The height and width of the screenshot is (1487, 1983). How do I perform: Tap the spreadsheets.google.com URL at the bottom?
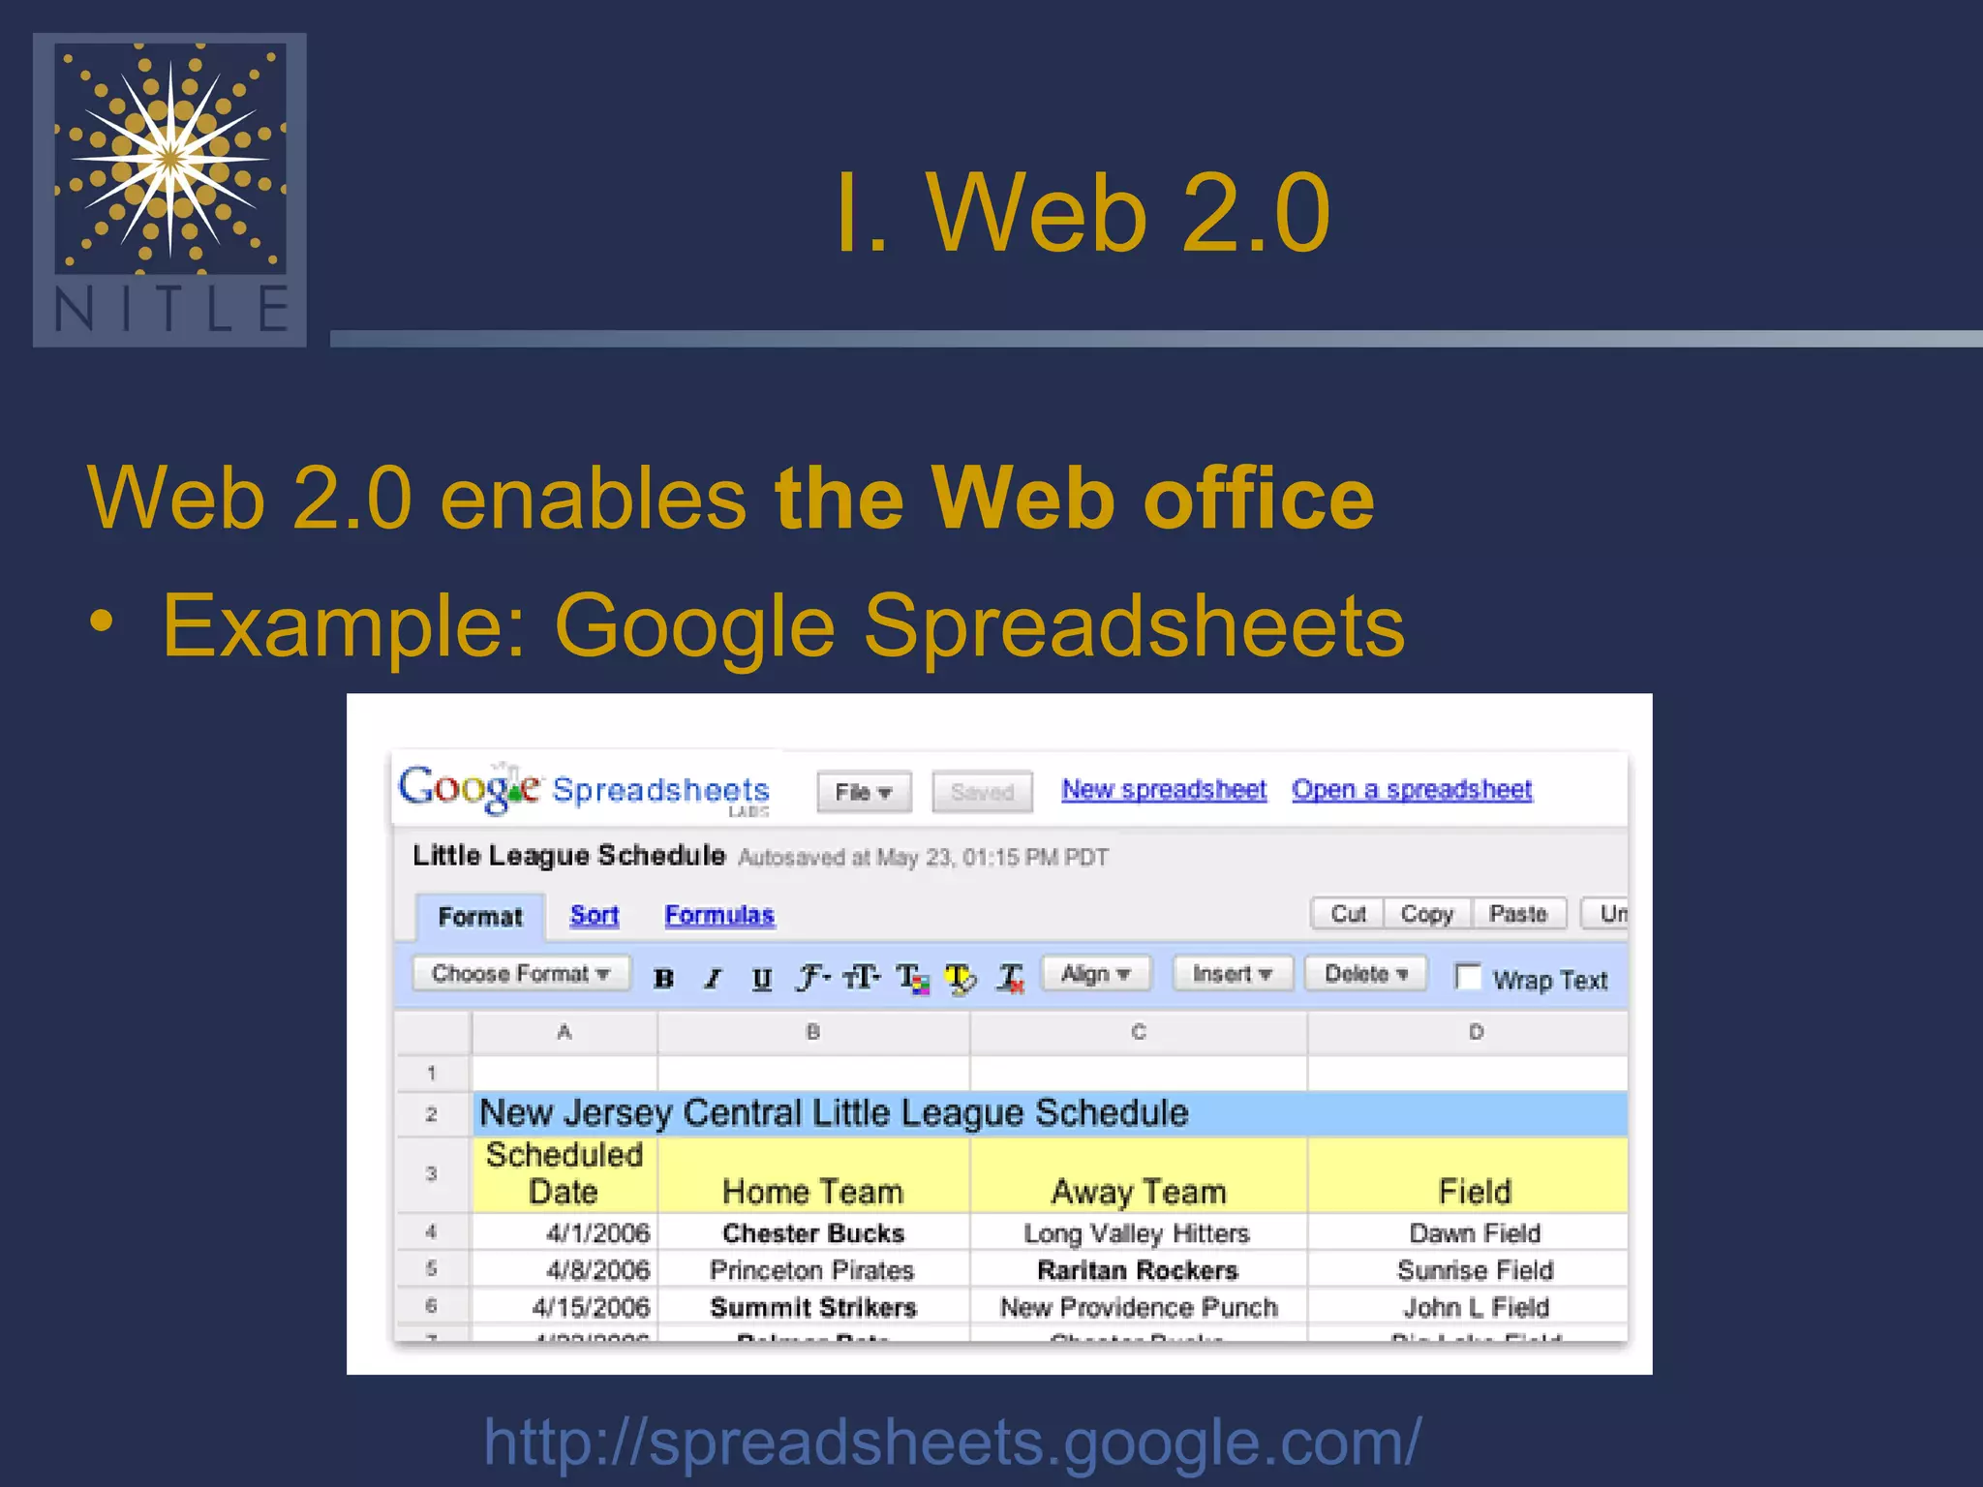[x=952, y=1441]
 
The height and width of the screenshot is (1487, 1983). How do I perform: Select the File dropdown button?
[x=863, y=792]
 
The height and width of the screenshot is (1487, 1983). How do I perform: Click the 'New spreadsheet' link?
[x=1163, y=790]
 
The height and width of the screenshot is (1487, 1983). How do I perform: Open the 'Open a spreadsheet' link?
[x=1411, y=790]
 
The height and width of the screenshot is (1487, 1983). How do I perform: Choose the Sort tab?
[x=594, y=915]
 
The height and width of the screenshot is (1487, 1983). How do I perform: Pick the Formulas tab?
[x=718, y=915]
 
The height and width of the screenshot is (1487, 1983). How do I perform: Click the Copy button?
[x=1426, y=914]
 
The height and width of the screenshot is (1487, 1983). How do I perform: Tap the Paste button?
[x=1517, y=914]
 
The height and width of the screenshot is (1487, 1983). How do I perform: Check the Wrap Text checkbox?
[x=1468, y=977]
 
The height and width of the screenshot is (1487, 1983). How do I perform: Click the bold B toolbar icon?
[x=663, y=979]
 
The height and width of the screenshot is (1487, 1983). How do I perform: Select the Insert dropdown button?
[x=1232, y=974]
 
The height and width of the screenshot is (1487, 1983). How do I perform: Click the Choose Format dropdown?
[x=520, y=974]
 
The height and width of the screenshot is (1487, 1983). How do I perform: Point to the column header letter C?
[x=1138, y=1032]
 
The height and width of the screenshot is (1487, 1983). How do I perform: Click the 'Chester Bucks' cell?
[x=812, y=1233]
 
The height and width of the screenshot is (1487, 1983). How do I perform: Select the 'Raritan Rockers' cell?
[x=1137, y=1270]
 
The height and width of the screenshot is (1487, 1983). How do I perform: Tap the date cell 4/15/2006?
[x=590, y=1308]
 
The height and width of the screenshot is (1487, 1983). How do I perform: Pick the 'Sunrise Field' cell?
[x=1474, y=1270]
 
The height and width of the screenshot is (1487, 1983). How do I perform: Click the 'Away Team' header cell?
[x=1138, y=1192]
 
